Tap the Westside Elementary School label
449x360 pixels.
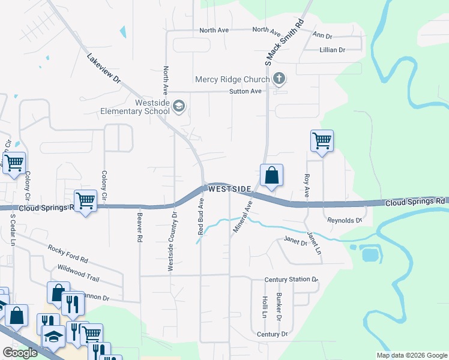click(135, 107)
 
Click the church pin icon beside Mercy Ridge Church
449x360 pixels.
click(279, 79)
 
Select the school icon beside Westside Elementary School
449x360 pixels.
click(179, 107)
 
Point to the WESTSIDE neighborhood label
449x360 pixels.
click(229, 189)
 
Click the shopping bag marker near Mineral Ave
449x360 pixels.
click(271, 176)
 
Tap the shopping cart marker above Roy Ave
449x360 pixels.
click(322, 142)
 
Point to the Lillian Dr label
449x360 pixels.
click(333, 50)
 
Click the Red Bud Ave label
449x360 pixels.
click(202, 222)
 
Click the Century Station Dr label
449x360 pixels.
click(291, 280)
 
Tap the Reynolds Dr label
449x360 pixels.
click(345, 221)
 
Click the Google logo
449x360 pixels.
click(20, 353)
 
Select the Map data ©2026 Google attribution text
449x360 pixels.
click(411, 355)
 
